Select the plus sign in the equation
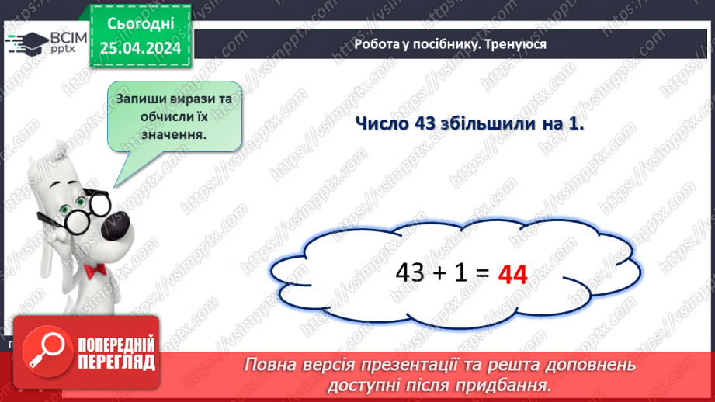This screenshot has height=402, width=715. pyautogui.click(x=440, y=273)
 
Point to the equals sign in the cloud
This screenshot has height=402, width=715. pyautogui.click(x=481, y=273)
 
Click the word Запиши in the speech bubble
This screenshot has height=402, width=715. pyautogui.click(x=144, y=99)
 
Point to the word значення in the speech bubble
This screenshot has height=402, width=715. pyautogui.click(x=173, y=133)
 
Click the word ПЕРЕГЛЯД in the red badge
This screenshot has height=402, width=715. pyautogui.click(x=116, y=362)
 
